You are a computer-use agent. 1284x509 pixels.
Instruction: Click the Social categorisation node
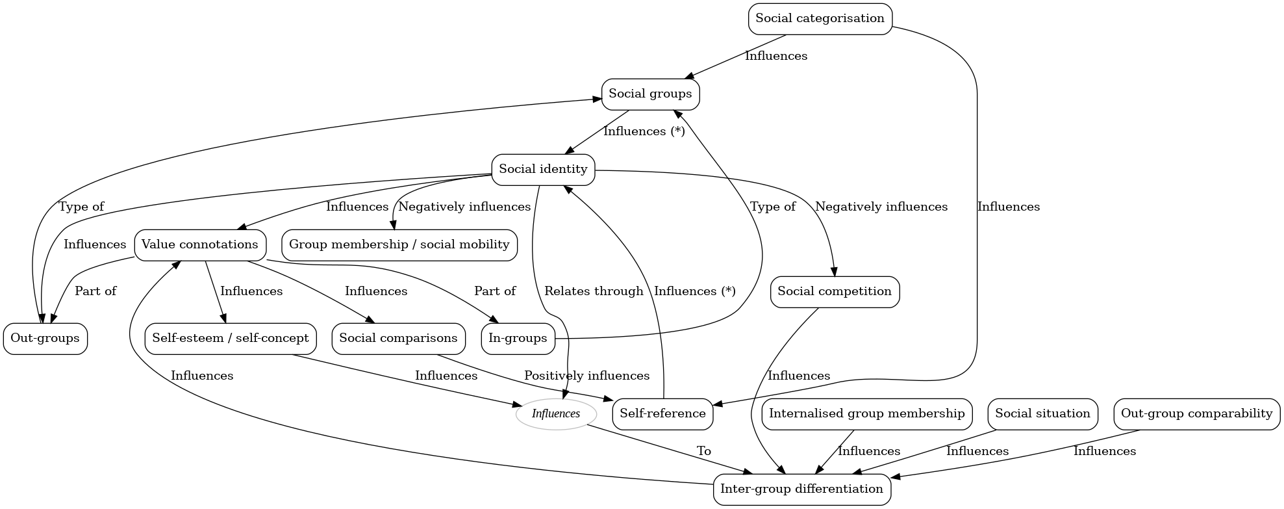(x=820, y=19)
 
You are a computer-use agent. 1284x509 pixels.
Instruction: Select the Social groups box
(x=650, y=94)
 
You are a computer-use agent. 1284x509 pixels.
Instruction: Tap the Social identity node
(x=543, y=170)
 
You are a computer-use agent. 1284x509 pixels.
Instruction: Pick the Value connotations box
(x=200, y=245)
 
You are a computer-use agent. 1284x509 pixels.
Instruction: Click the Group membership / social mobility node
(x=399, y=245)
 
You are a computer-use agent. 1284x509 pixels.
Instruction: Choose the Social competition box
(x=835, y=292)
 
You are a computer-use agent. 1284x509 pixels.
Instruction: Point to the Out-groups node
(x=45, y=339)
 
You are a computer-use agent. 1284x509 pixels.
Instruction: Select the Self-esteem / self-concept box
(x=231, y=339)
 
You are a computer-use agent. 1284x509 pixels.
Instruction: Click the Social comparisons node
(x=398, y=339)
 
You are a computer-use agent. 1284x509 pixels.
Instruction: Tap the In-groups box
(x=518, y=339)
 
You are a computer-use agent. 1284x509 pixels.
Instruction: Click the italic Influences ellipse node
(x=556, y=414)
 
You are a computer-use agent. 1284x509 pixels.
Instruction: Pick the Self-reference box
(x=662, y=414)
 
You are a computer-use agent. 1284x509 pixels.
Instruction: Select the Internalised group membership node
(x=866, y=414)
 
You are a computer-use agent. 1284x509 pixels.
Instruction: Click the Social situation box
(x=1042, y=414)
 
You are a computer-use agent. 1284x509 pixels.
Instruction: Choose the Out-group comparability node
(x=1196, y=414)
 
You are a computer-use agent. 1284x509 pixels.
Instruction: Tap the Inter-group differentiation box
(x=801, y=489)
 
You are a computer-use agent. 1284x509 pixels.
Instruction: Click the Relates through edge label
(x=594, y=291)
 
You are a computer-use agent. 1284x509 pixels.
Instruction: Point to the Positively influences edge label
(x=586, y=376)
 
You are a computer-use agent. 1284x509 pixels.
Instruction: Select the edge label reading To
(x=703, y=451)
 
